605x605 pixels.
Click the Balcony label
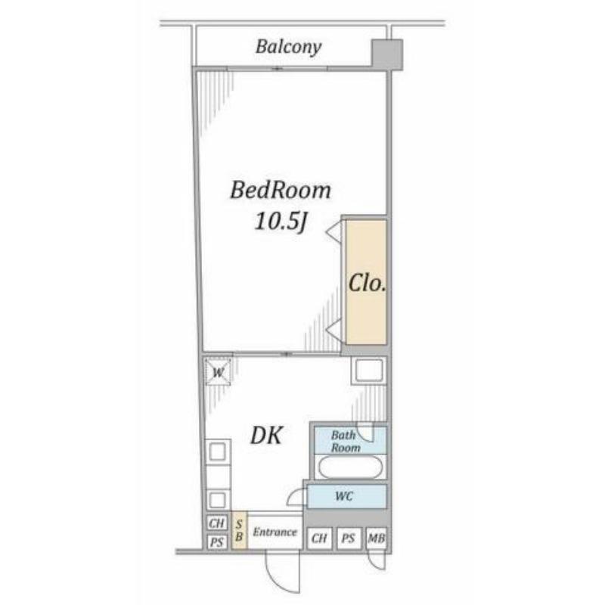click(288, 47)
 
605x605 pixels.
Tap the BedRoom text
click(281, 191)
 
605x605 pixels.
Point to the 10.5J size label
click(281, 222)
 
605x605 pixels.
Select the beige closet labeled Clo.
click(366, 282)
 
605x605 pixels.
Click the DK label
click(267, 436)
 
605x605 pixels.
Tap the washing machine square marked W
click(218, 372)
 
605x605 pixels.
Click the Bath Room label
click(346, 442)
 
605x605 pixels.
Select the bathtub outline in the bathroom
click(350, 467)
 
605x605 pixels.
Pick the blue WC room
click(347, 496)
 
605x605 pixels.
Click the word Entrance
click(275, 532)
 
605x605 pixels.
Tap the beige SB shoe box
click(239, 530)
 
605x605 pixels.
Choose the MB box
click(376, 538)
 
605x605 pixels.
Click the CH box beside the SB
click(216, 523)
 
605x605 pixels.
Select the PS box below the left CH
click(216, 542)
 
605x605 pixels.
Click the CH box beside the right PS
click(319, 538)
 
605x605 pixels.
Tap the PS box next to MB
click(349, 538)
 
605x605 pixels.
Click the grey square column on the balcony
click(387, 54)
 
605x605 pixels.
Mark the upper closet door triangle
click(334, 233)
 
